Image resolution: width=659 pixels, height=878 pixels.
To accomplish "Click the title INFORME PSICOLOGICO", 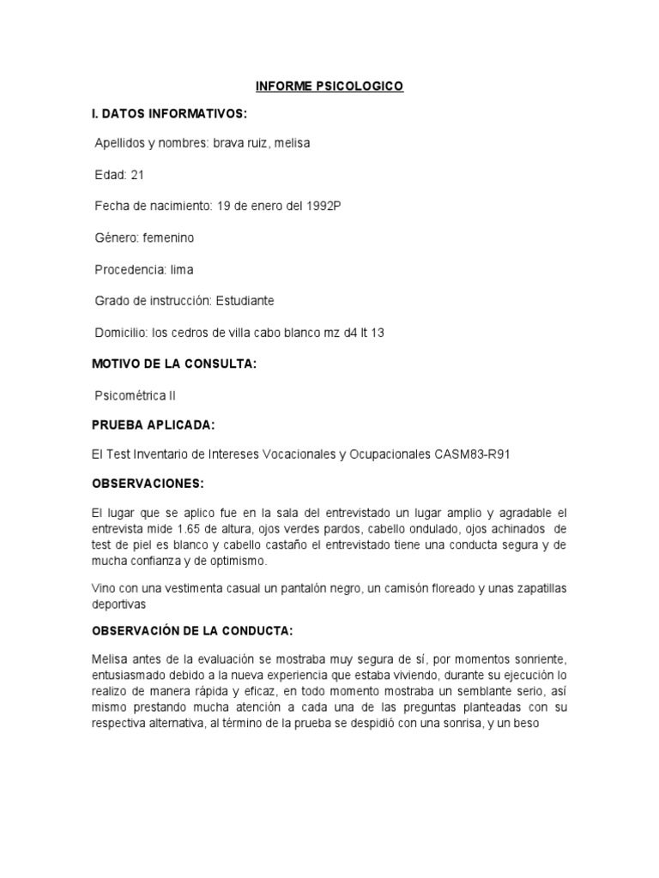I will pos(330,87).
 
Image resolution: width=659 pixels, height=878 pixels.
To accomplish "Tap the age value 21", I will pos(137,175).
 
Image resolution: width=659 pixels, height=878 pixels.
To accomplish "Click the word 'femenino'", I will pos(169,238).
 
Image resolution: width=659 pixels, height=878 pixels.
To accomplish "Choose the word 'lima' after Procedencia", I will pos(182,269).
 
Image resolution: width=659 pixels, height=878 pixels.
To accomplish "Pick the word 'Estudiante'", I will pos(245,301).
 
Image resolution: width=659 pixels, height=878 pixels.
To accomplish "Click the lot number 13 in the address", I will pos(377,332).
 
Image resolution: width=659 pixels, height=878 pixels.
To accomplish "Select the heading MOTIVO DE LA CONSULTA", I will pos(174,364).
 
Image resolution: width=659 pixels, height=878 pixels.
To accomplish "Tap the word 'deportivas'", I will pos(122,603).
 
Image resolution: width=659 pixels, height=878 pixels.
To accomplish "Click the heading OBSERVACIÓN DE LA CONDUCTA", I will pos(192,631).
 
